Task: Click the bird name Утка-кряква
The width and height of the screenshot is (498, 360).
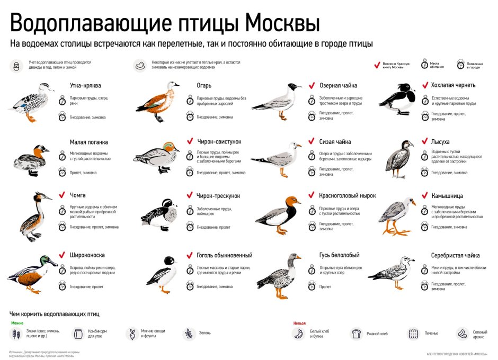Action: [85, 85]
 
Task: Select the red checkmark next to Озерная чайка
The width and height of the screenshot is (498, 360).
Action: [313, 85]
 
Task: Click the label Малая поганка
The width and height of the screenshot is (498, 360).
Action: [88, 142]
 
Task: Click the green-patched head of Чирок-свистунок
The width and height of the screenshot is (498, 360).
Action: [168, 147]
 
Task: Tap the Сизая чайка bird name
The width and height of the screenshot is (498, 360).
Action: [335, 142]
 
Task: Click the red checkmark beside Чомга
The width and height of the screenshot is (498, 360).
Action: [63, 195]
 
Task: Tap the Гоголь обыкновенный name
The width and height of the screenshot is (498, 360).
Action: [224, 255]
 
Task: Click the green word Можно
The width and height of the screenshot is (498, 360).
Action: [16, 322]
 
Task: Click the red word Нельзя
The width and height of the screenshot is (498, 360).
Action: [299, 322]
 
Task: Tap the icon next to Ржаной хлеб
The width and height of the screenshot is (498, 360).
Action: [357, 334]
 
